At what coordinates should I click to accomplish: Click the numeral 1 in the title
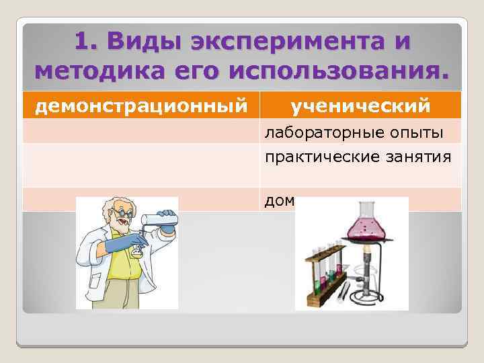[81, 42]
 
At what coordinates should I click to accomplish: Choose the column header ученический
[360, 106]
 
